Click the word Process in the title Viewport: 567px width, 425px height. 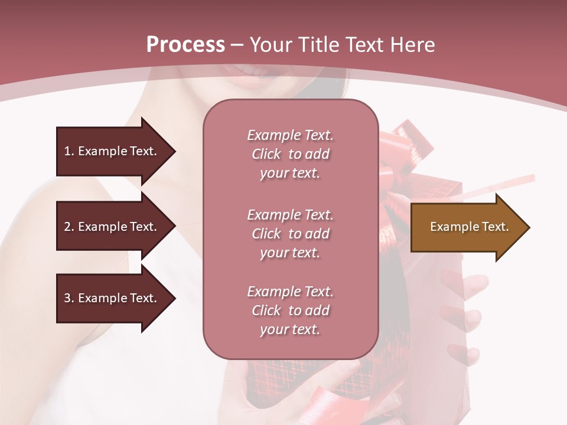pyautogui.click(x=185, y=45)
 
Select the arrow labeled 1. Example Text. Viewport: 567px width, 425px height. pyautogui.click(x=112, y=151)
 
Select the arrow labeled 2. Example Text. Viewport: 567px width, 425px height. pyautogui.click(x=112, y=227)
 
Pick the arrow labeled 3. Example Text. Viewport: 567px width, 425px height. pyautogui.click(x=112, y=298)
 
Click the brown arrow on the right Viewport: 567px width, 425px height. pyautogui.click(x=467, y=227)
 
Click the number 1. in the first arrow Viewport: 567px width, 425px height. pyautogui.click(x=69, y=151)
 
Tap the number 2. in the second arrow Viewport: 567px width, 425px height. pyautogui.click(x=69, y=227)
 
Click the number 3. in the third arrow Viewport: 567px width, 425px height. pyautogui.click(x=69, y=298)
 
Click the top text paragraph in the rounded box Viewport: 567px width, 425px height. pyautogui.click(x=290, y=154)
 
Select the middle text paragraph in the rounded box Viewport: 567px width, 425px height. pyautogui.click(x=290, y=234)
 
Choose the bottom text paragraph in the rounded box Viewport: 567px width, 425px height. pyautogui.click(x=290, y=310)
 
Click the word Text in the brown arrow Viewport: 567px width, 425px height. pyautogui.click(x=495, y=227)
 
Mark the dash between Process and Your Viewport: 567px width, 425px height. pyautogui.click(x=237, y=45)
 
